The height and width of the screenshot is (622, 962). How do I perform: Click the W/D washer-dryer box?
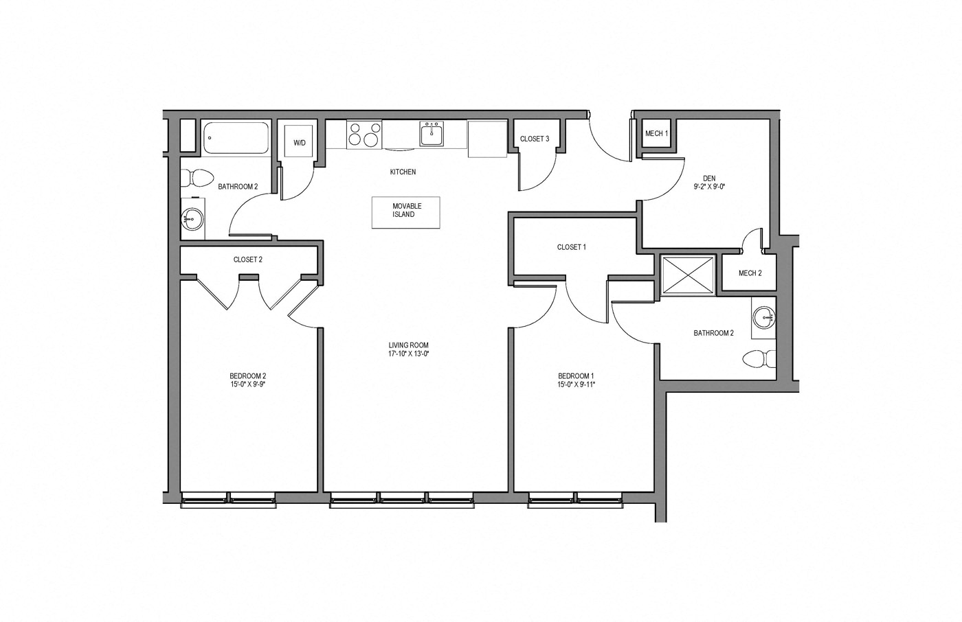[300, 143]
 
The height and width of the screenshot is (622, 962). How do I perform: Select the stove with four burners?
[364, 134]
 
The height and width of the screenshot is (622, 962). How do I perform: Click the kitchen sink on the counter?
[432, 134]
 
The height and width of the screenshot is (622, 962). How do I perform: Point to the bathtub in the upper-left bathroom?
[236, 138]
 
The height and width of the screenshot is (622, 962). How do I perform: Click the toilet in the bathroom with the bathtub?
[198, 177]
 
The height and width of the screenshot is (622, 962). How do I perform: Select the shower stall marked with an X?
[686, 275]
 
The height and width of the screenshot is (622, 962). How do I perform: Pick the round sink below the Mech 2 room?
[763, 317]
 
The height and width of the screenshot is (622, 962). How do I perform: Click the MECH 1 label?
[656, 133]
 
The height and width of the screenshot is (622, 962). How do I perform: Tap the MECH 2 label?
[750, 273]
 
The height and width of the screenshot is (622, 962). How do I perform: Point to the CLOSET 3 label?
[534, 139]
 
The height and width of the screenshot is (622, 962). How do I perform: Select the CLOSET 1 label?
[571, 247]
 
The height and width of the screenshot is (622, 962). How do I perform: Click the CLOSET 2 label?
[247, 260]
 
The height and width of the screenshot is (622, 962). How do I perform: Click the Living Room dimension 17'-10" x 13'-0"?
[408, 354]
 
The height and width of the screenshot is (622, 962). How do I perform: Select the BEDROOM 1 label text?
[576, 376]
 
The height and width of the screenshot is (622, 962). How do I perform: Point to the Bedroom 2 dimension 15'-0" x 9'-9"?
[247, 384]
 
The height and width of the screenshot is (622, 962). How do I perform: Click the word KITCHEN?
[403, 172]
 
